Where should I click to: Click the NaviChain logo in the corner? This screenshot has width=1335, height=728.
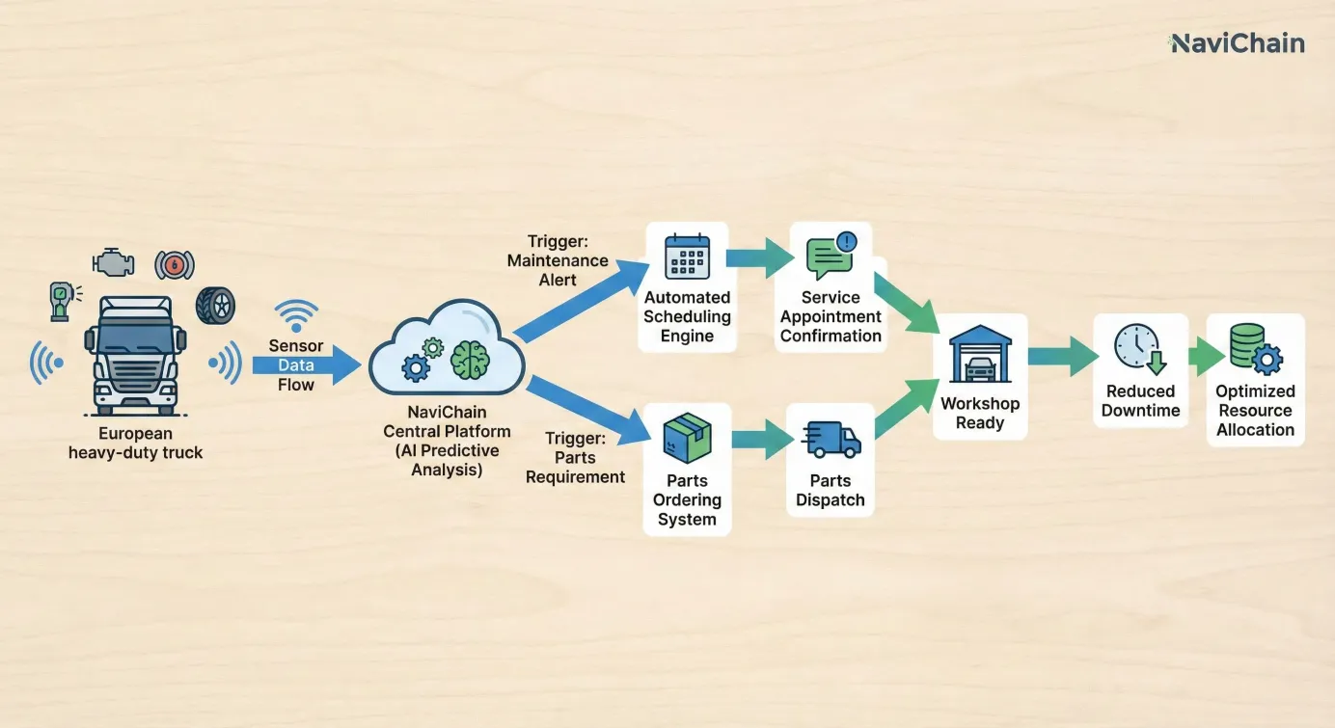coord(1238,43)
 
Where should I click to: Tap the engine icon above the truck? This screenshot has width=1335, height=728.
coord(113,261)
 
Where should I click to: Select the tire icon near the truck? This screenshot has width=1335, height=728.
coord(215,305)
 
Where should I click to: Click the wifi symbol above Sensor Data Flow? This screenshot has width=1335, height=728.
coord(296,315)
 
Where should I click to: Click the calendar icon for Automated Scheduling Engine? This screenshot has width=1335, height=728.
coord(687,257)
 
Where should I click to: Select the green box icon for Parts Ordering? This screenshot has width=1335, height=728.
coord(687,437)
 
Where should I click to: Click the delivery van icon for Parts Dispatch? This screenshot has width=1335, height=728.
coord(831,439)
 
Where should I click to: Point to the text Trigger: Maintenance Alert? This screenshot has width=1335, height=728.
coord(558,260)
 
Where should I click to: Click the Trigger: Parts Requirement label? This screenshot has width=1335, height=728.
coord(576,457)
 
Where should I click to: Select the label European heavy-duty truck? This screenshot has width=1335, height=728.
coord(135,443)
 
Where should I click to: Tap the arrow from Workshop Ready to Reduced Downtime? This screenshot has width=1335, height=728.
coord(1062,357)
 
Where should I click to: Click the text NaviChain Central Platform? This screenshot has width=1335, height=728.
coord(447,421)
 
